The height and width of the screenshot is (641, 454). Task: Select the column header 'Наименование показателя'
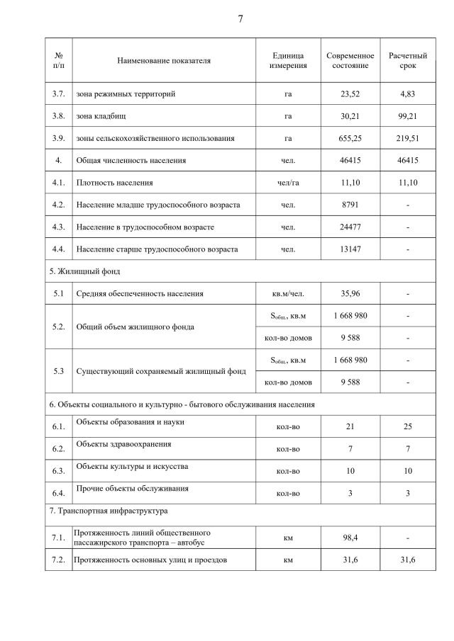pyautogui.click(x=164, y=60)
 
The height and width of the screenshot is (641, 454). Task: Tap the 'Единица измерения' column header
pyautogui.click(x=288, y=60)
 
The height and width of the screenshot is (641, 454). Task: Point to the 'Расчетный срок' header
pyautogui.click(x=407, y=60)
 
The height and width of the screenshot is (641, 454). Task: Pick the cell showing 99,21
pyautogui.click(x=407, y=116)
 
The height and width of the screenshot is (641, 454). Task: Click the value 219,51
pyautogui.click(x=407, y=139)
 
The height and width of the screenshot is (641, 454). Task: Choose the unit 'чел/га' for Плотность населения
pyautogui.click(x=288, y=183)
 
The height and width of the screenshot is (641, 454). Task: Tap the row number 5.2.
pyautogui.click(x=59, y=327)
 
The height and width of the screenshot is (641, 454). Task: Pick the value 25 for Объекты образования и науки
pyautogui.click(x=407, y=427)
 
